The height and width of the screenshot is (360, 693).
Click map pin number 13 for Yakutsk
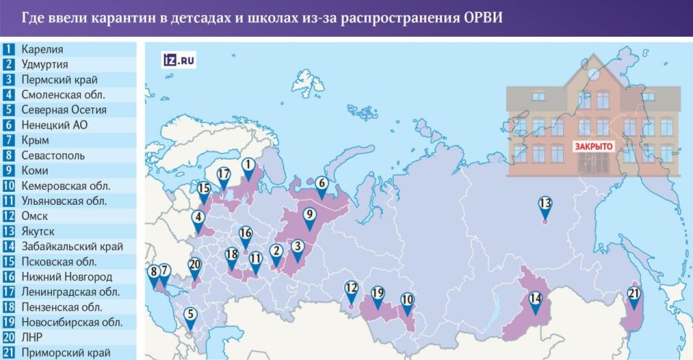click(x=545, y=204)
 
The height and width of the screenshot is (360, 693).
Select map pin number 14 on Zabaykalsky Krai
click(x=534, y=299)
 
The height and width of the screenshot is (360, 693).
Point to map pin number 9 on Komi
click(x=308, y=215)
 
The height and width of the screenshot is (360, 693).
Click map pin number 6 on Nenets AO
click(x=321, y=185)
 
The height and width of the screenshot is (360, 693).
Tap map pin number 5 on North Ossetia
click(x=190, y=315)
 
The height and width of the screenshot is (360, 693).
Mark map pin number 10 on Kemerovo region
click(x=407, y=300)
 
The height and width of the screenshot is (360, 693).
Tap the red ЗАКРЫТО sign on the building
click(x=593, y=146)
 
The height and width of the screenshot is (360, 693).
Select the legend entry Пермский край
click(x=59, y=79)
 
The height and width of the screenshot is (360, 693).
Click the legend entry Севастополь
click(x=53, y=155)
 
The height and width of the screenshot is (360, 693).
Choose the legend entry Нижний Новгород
click(x=66, y=276)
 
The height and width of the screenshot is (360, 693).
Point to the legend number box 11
click(x=9, y=201)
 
